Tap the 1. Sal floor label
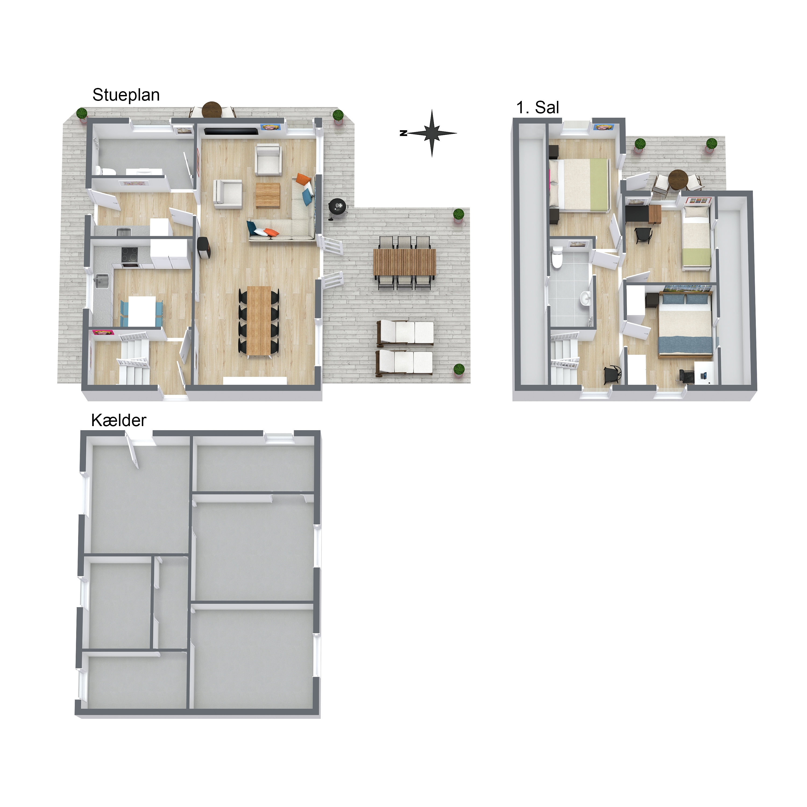(x=537, y=108)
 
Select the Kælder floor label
(x=119, y=420)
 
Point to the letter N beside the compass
(x=403, y=133)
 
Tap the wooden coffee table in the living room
(x=268, y=195)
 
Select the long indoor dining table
(x=259, y=321)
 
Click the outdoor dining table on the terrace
(x=404, y=262)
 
